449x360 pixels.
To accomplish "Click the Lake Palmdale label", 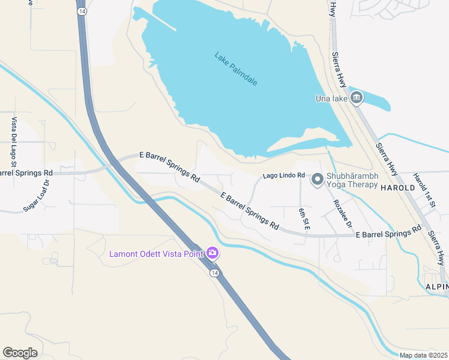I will (x=235, y=69).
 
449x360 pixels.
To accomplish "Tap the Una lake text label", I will (x=332, y=98).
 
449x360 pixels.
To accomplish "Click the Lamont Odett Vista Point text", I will (x=155, y=253).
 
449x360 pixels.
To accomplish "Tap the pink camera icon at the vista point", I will (x=212, y=253).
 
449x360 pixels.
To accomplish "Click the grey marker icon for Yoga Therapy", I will (x=316, y=178).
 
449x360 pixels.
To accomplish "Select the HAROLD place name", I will (x=397, y=187).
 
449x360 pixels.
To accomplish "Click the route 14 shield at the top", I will (x=81, y=11).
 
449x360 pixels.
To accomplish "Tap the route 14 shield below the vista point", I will (x=214, y=273).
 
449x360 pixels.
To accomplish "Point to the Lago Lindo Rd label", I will (x=280, y=176).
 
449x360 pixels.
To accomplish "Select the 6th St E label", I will (x=304, y=219).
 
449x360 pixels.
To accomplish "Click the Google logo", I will (x=20, y=353).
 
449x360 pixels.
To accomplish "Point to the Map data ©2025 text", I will (x=423, y=355).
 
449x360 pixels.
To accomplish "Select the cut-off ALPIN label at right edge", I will (x=436, y=287).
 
